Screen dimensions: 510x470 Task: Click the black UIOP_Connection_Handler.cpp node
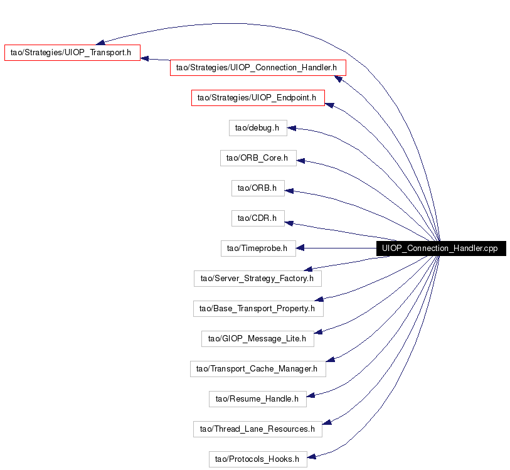tap(441, 248)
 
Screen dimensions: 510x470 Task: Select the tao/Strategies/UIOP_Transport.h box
tap(72, 52)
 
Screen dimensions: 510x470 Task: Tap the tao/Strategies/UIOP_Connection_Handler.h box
tap(258, 68)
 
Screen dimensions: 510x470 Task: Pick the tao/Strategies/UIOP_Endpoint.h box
tap(258, 98)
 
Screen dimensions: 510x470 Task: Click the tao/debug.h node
tap(258, 128)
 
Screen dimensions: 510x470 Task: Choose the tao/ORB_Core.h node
tap(258, 158)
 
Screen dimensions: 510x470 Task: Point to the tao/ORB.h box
tap(258, 188)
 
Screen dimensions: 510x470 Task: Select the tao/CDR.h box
tap(258, 218)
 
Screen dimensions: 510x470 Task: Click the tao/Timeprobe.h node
tap(258, 248)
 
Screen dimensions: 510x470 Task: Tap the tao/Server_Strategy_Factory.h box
tap(258, 279)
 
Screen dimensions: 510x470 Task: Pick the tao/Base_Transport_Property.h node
tap(258, 308)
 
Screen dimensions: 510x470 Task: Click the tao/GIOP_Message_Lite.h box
tap(258, 339)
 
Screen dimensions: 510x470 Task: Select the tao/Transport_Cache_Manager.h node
tap(258, 369)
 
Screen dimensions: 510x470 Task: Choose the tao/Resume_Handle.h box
tap(258, 398)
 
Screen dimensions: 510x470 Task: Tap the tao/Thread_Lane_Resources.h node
tap(258, 429)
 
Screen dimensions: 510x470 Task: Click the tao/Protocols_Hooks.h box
tap(258, 459)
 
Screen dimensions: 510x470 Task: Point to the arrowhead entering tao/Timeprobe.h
tap(300, 248)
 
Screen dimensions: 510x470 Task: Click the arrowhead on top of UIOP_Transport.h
tap(100, 43)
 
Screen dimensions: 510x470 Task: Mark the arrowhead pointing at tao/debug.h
tap(292, 128)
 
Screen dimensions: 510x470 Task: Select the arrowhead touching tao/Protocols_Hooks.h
tap(312, 457)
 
